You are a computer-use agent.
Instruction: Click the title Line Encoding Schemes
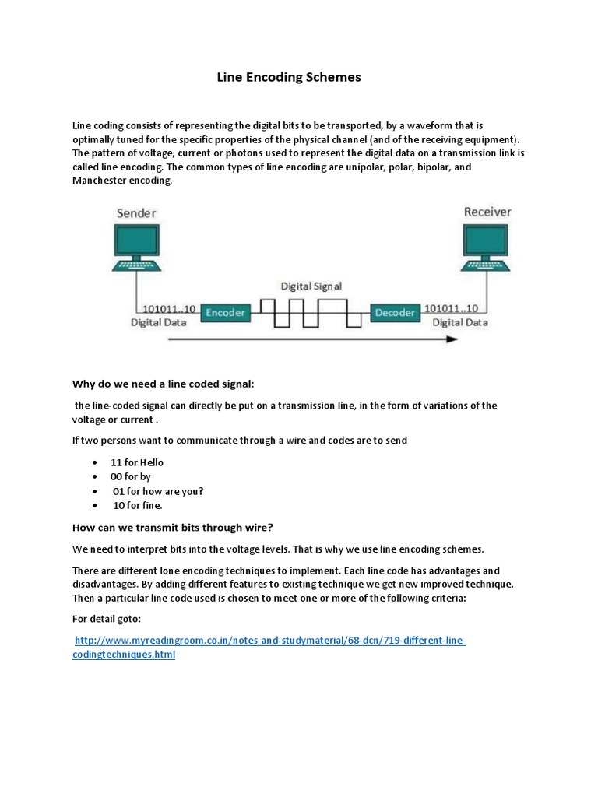[x=288, y=78]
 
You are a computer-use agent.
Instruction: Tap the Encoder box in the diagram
[x=225, y=313]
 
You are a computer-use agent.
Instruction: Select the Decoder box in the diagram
[x=395, y=313]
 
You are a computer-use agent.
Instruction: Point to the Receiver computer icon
[x=487, y=246]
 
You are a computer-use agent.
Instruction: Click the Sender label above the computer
[x=137, y=212]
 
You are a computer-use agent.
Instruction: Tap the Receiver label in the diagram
[x=487, y=211]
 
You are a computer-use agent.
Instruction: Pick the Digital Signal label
[x=311, y=286]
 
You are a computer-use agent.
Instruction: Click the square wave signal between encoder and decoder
[x=311, y=313]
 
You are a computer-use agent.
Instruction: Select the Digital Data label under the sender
[x=157, y=322]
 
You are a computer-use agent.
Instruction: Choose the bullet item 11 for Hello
[x=137, y=462]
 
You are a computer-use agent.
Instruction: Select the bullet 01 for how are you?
[x=158, y=491]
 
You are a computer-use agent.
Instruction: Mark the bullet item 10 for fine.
[x=138, y=505]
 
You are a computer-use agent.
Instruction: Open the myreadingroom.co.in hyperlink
[x=269, y=641]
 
